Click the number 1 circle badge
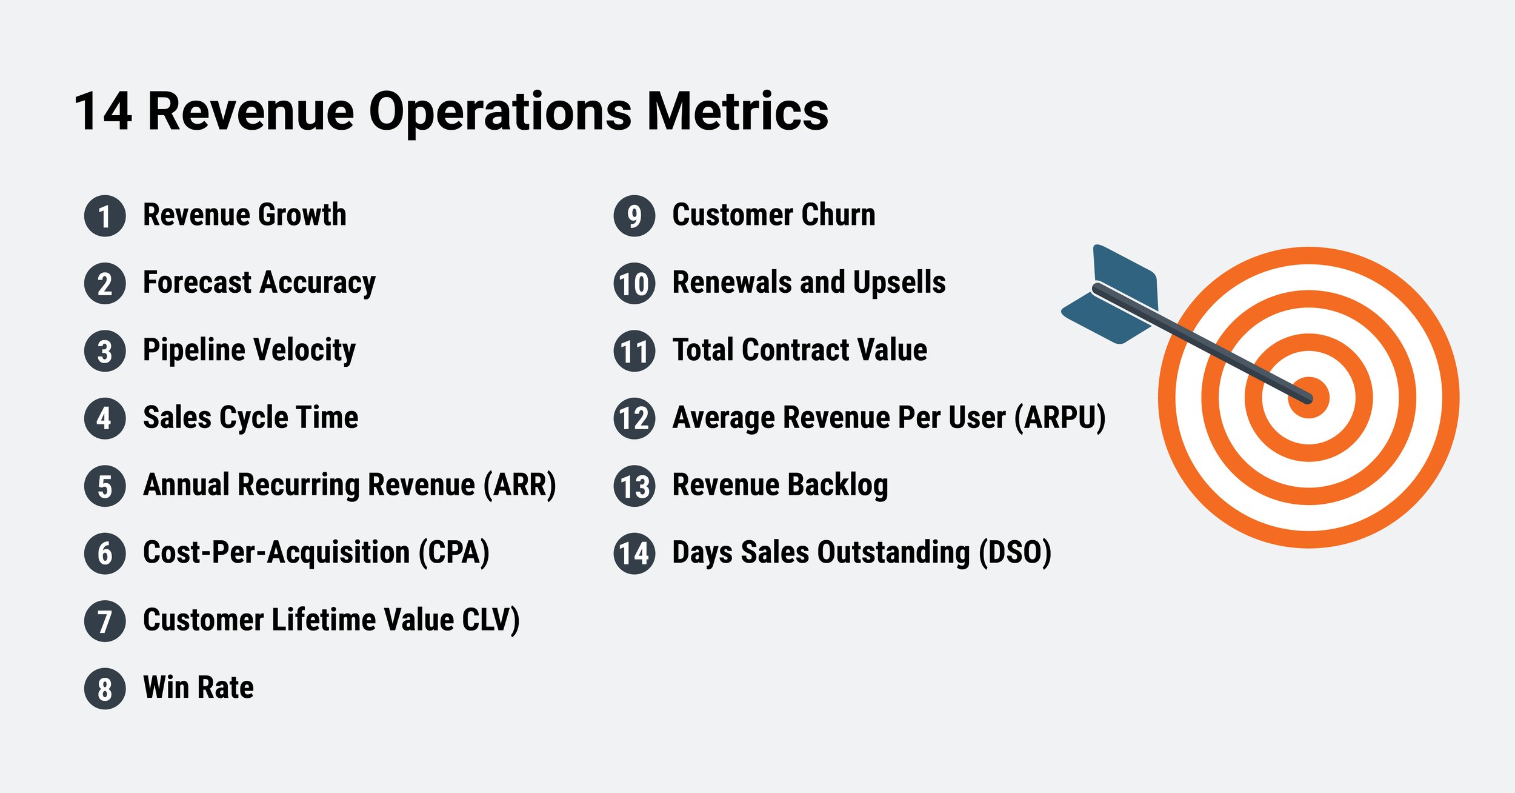pos(105,216)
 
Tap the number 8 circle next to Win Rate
pos(105,689)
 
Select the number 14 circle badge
pos(634,554)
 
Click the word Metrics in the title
pos(738,112)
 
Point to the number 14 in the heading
pos(102,112)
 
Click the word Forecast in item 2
pos(197,283)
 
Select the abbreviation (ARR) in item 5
pos(519,485)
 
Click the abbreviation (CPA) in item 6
pos(454,552)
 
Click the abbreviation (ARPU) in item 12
pos(1060,418)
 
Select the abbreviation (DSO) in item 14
pos(1015,552)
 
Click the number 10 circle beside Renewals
pos(634,284)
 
